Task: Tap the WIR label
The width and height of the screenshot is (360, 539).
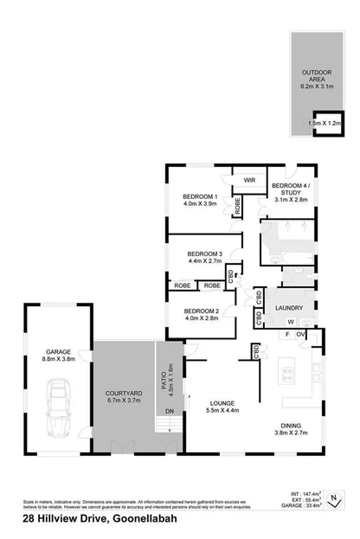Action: tap(249, 180)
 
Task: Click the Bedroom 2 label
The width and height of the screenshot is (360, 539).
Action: tap(199, 314)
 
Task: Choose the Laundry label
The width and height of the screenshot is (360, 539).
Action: tap(288, 307)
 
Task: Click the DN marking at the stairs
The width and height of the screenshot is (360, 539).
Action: tap(170, 411)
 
